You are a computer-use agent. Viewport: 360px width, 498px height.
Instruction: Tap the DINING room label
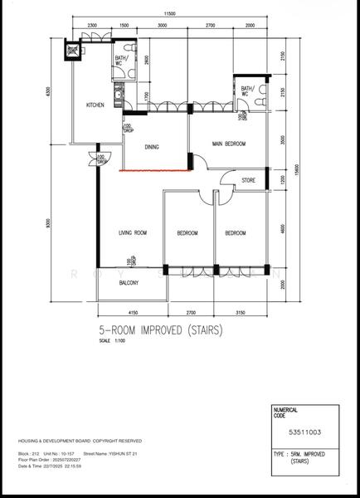(152, 148)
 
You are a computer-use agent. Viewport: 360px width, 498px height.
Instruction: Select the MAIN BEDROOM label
(229, 144)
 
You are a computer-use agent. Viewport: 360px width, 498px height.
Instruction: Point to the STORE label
(248, 180)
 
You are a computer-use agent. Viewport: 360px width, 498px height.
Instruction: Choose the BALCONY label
(127, 283)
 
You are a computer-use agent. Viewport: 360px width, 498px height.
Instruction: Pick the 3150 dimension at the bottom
(241, 312)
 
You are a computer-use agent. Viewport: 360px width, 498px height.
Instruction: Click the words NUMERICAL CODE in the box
(286, 413)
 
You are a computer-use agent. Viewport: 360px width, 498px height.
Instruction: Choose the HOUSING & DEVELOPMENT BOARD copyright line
(80, 441)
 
